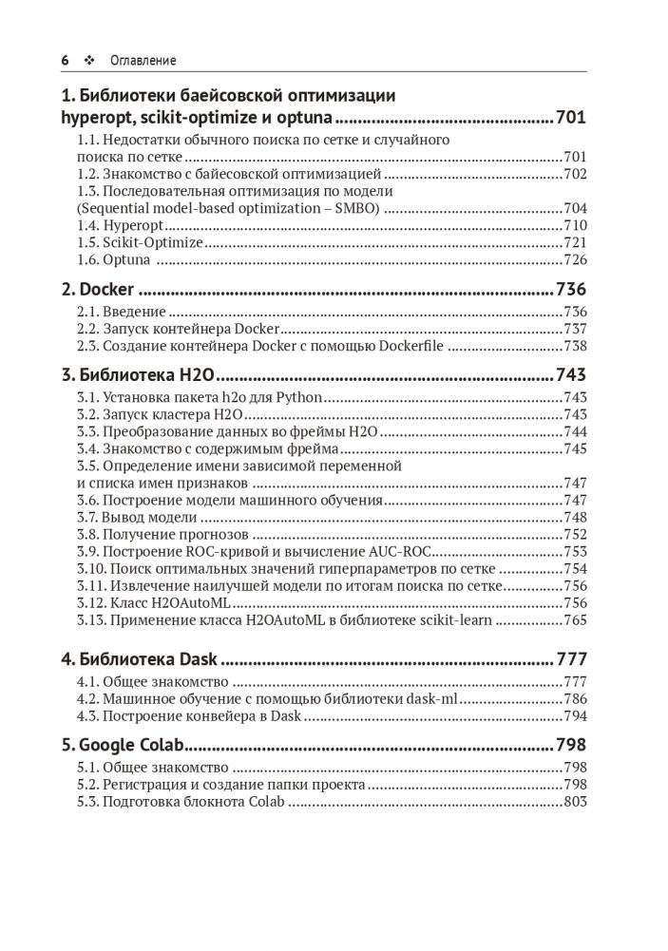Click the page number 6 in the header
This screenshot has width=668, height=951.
(x=66, y=60)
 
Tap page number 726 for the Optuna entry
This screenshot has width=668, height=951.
(x=575, y=259)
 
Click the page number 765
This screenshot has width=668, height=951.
(x=575, y=619)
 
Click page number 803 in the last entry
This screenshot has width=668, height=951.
(x=575, y=802)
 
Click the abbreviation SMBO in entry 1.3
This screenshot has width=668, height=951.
(x=353, y=207)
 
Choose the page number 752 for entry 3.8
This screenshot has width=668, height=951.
(x=575, y=534)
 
